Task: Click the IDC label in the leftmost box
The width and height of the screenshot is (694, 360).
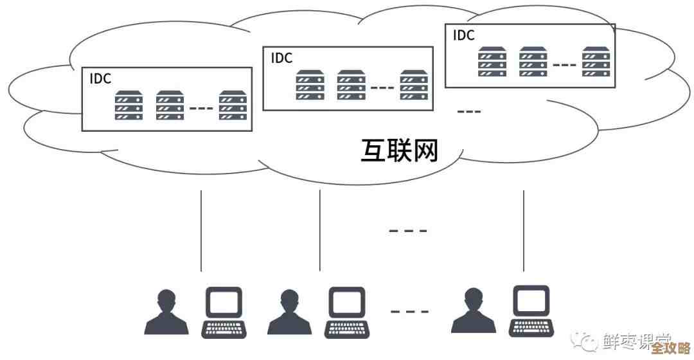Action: (100, 79)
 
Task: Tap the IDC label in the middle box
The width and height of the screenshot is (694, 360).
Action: (281, 58)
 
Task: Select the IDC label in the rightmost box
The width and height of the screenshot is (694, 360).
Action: (464, 35)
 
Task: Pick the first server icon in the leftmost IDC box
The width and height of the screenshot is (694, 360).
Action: (129, 105)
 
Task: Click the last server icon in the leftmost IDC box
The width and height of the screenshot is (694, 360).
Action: (233, 105)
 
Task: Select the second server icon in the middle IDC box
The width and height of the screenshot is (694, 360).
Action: (351, 85)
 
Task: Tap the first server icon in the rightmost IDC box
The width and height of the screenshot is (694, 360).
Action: (492, 62)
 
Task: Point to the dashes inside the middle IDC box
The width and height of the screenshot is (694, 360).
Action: (382, 87)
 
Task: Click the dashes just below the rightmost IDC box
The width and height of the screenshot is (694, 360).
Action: (468, 112)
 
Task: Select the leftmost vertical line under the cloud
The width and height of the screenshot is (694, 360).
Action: (201, 230)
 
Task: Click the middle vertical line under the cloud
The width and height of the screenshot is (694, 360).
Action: (320, 230)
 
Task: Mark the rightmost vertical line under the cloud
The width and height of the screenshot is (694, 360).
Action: (524, 230)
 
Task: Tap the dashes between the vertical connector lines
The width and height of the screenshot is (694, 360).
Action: (408, 230)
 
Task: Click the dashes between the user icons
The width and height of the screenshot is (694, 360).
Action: (409, 312)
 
